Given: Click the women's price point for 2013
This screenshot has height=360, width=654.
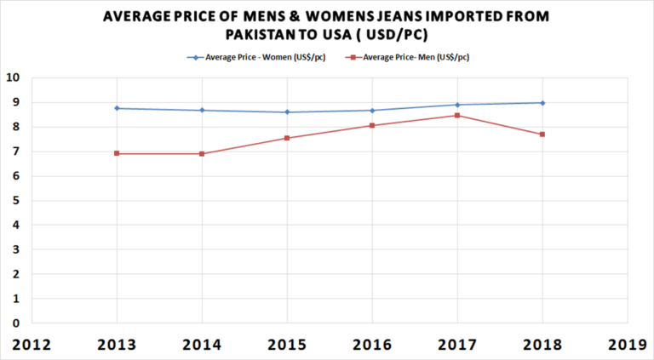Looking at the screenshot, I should point(117,108).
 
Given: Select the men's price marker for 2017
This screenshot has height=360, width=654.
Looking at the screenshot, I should point(457,115).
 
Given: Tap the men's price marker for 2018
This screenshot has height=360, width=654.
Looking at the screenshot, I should point(542,134).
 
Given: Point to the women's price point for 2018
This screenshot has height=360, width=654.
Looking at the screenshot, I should point(542,103).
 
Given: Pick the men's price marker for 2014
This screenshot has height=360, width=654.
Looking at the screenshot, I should point(202,153).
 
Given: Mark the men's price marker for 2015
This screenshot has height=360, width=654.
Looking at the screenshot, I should point(287,138).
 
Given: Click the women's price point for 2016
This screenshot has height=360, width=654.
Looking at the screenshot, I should point(372,110).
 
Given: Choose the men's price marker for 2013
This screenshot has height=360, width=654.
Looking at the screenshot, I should point(117,153).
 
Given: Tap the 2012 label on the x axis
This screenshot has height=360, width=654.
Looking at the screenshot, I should point(32,345).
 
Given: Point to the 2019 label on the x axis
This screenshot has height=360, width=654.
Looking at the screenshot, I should point(628,345).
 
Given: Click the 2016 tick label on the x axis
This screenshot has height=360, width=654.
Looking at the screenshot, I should point(372,345).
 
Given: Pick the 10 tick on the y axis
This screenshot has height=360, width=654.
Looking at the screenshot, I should point(13,77).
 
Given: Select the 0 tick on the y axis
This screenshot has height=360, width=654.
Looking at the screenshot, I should point(16,323).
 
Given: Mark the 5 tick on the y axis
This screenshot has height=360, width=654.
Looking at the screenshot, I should point(16,201).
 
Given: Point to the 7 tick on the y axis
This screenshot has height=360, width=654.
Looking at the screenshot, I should point(16,151).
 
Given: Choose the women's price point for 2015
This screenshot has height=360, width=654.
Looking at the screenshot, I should point(287,111).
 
